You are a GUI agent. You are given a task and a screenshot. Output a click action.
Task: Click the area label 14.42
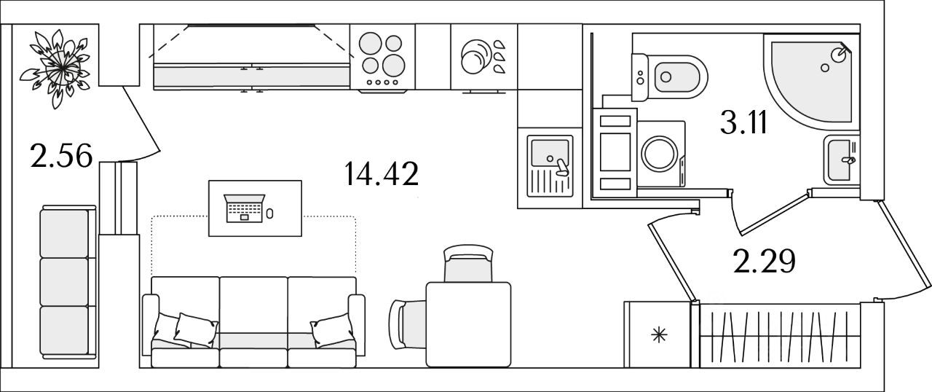point(381,174)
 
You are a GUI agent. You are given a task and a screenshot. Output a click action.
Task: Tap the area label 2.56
point(61,156)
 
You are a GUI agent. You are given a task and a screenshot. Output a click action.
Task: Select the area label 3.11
point(743,122)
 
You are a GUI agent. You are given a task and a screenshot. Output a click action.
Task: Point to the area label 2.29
point(765,261)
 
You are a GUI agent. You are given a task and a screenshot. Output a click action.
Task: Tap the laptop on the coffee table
point(244,208)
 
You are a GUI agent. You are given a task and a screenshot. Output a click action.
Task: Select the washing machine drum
point(660,153)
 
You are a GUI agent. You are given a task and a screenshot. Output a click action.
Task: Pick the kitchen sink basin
point(550,153)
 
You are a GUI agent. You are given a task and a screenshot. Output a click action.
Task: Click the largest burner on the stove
point(393,66)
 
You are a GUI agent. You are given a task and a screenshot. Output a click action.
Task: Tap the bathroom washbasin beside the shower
point(840,160)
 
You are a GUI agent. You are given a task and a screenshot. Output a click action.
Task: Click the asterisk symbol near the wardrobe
point(659,335)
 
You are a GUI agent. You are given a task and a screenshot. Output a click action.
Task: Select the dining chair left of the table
point(408,324)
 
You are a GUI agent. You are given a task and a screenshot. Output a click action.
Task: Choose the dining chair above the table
point(468,264)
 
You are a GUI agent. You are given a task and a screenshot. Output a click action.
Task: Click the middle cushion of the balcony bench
point(65,282)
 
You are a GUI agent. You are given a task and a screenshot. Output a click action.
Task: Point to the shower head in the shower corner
point(840,54)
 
